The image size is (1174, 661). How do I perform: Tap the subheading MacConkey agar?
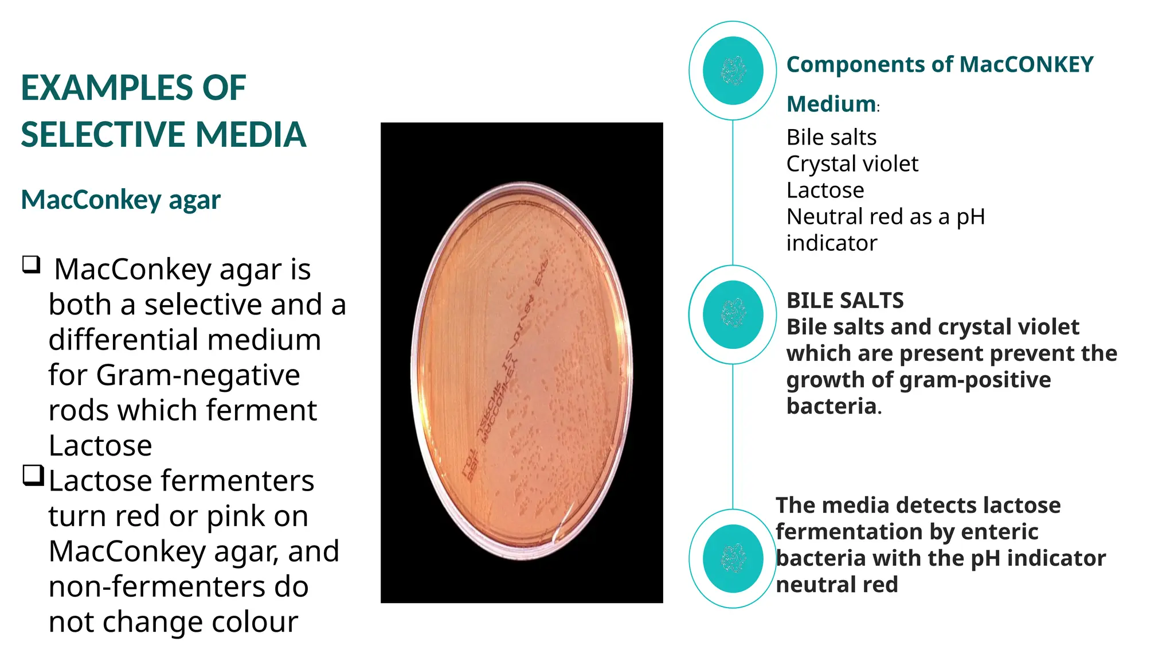point(120,200)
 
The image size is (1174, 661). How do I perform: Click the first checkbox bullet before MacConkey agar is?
point(32,265)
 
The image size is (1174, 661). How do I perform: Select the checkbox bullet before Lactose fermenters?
point(33,476)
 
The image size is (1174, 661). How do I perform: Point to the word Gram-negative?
point(198,375)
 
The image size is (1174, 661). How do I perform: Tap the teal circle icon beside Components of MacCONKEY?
point(733,71)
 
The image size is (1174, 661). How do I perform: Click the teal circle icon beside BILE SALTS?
point(733,314)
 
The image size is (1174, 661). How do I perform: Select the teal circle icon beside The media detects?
point(733,558)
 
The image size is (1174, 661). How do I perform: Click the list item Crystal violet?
point(852,164)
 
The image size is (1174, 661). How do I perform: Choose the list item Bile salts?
point(831,138)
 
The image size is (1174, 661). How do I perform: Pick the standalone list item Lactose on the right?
point(825,190)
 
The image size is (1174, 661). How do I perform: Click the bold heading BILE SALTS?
point(844,301)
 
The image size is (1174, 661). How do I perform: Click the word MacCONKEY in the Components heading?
point(1026,64)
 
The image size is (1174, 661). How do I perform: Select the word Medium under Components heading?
point(831,104)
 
